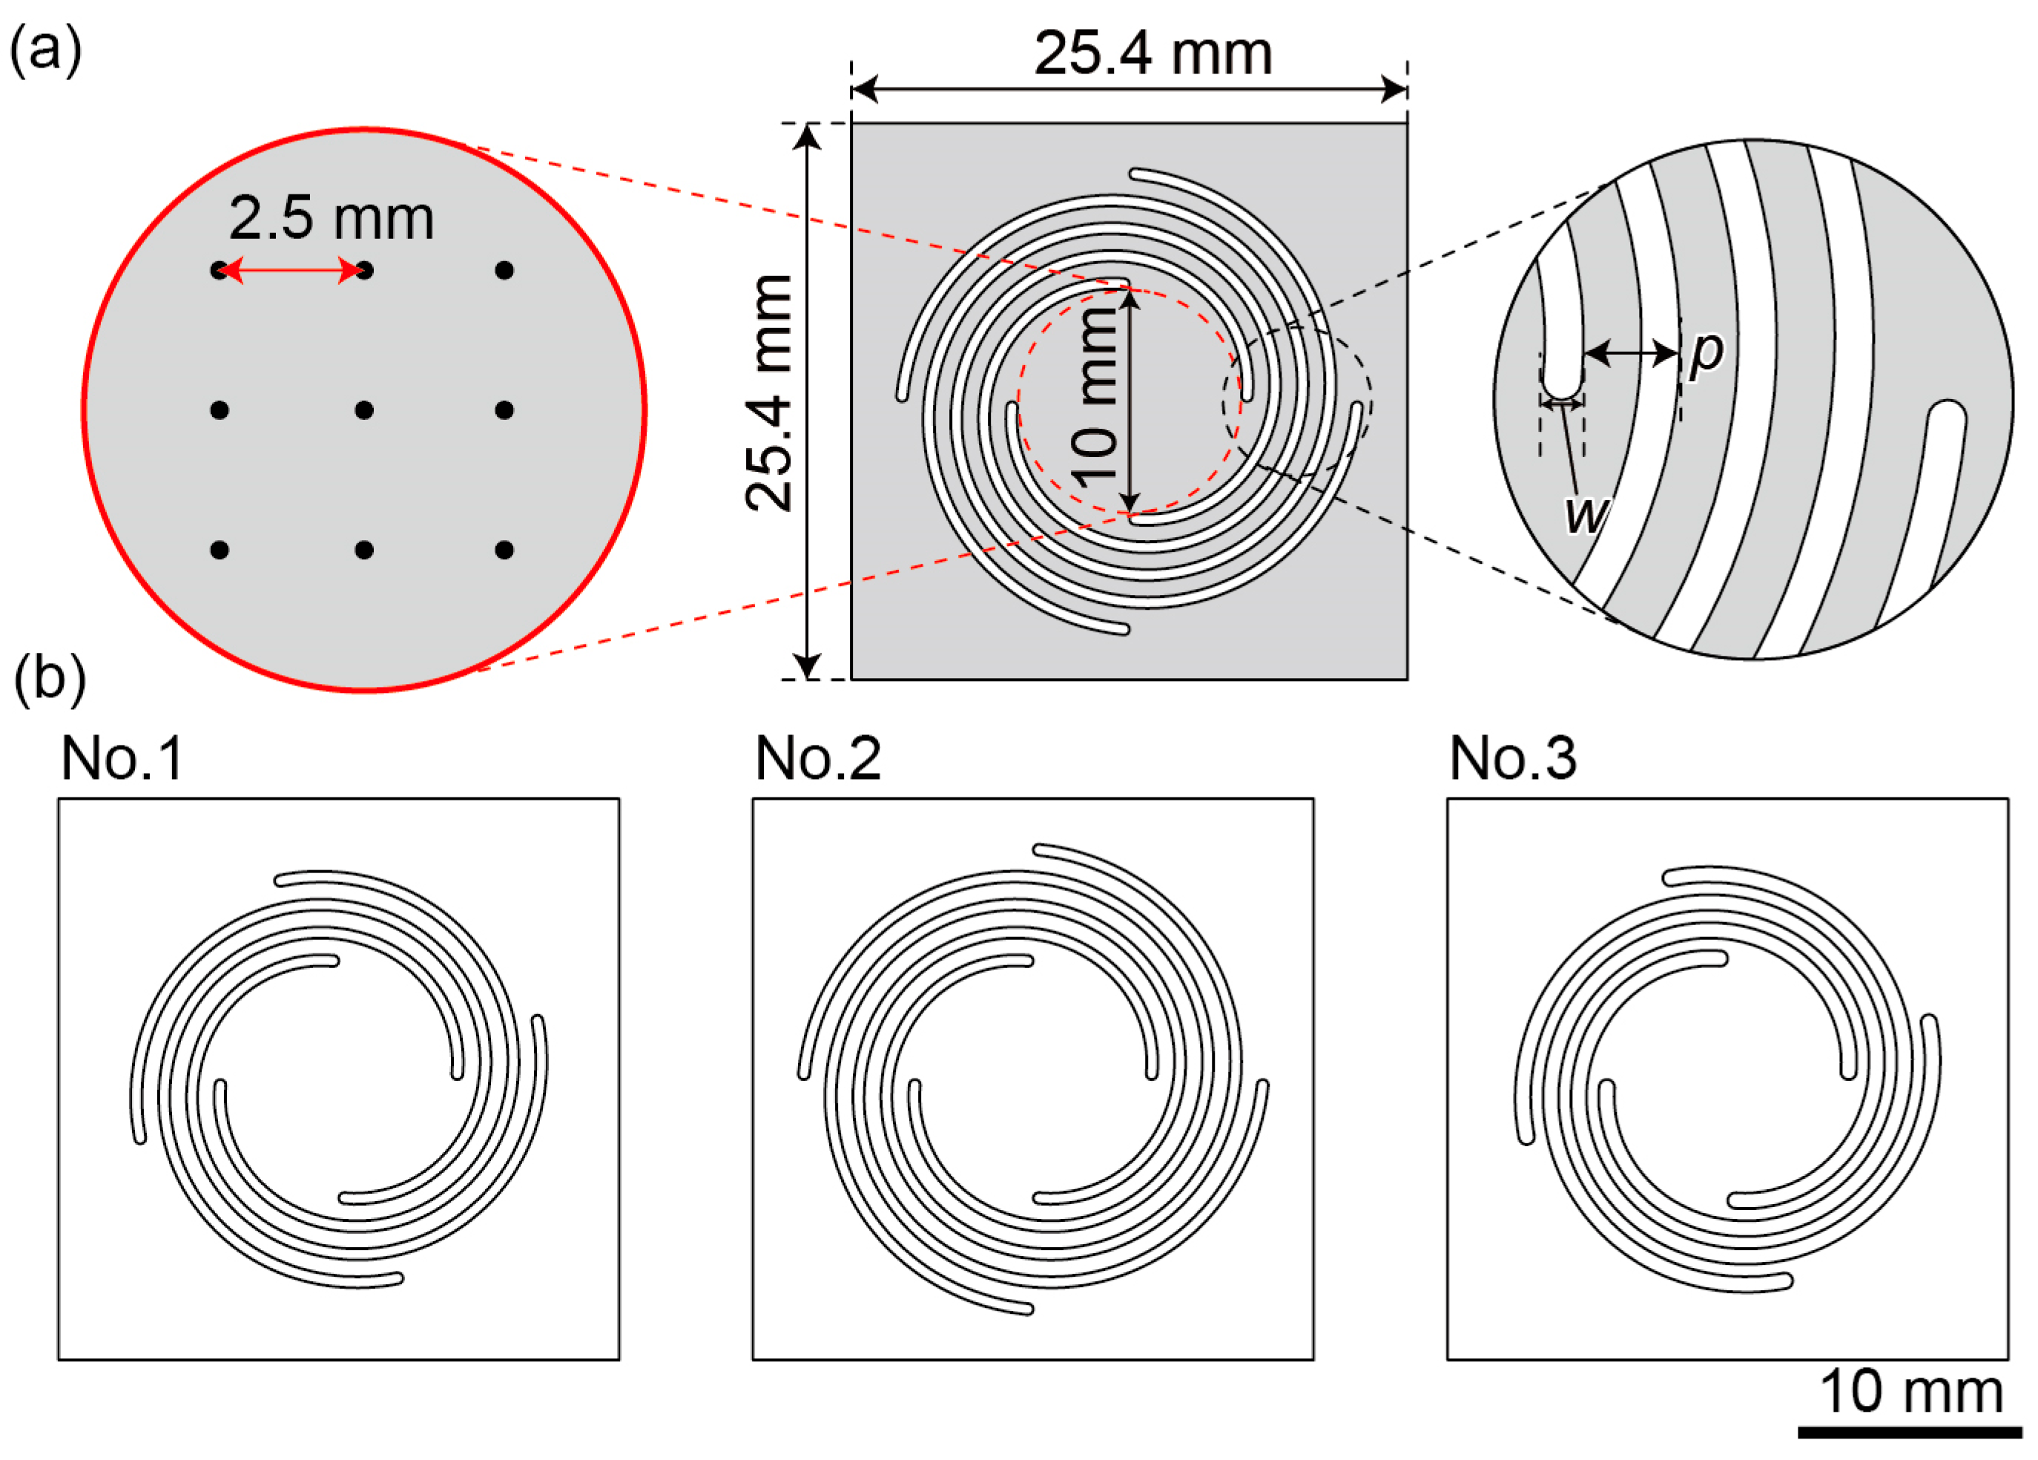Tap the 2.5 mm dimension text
point(332,217)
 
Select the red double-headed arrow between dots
point(291,270)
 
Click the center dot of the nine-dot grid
point(364,410)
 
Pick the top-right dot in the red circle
point(504,270)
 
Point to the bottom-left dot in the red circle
point(220,549)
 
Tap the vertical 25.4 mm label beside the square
point(770,393)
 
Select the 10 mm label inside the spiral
point(1095,398)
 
